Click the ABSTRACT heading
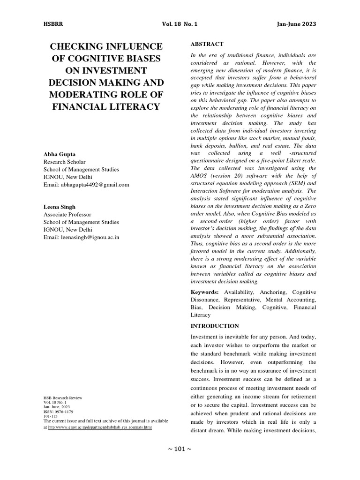coord(207,44)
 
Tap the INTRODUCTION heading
coord(215,326)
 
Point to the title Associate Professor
coord(67,214)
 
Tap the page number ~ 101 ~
coord(180,449)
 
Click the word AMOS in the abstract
coord(200,176)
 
